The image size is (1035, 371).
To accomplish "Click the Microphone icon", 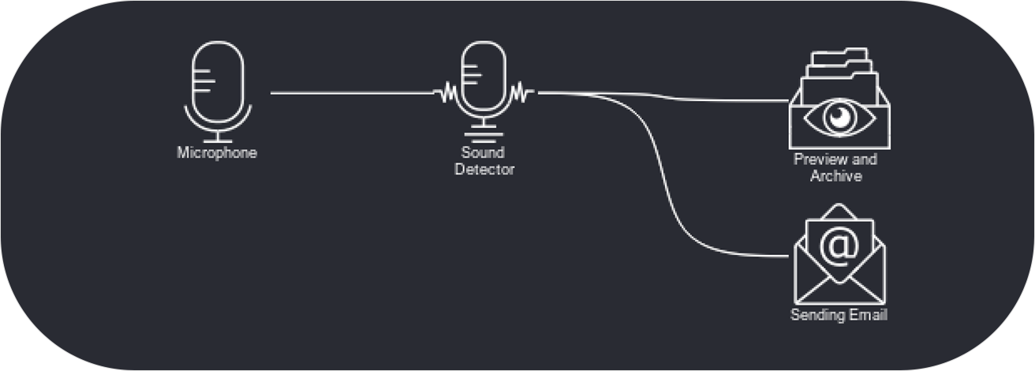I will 217,87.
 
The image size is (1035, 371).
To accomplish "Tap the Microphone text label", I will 217,153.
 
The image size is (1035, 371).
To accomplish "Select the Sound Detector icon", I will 484,87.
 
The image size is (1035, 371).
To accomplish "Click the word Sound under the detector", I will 484,152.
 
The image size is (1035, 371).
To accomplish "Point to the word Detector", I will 484,169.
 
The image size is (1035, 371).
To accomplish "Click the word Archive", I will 836,175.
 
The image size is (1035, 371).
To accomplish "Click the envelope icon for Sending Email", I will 839,260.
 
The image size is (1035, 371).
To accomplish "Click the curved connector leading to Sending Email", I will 671,189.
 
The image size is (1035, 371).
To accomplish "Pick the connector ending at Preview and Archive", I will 710,99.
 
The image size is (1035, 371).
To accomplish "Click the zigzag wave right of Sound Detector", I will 521,93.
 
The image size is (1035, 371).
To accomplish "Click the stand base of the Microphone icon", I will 217,137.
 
